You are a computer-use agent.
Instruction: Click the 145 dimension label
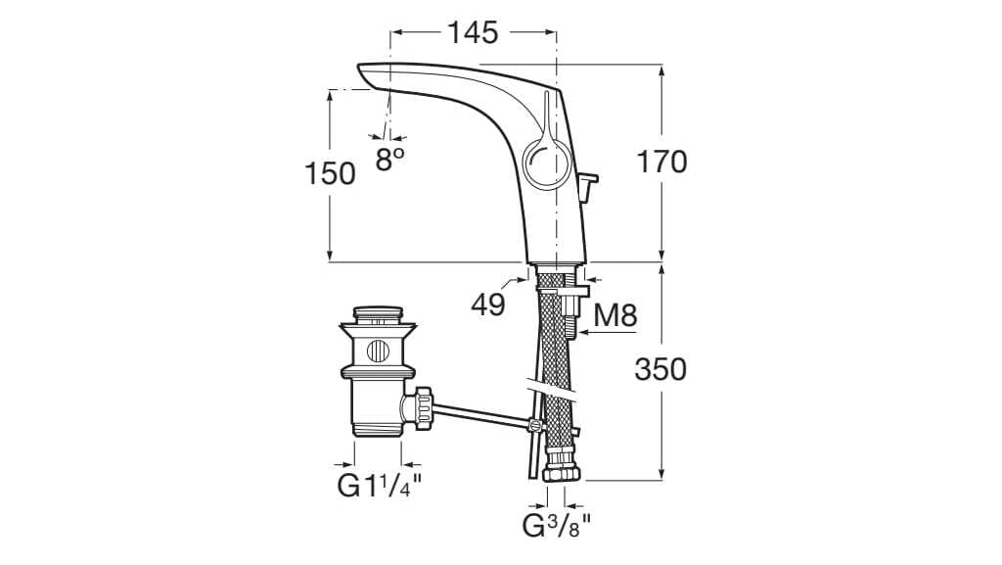474,32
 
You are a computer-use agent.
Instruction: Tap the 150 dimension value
330,173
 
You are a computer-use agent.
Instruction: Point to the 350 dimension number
660,369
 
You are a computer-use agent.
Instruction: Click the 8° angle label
389,160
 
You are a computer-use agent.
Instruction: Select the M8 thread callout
616,315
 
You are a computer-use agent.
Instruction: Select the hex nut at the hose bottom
561,471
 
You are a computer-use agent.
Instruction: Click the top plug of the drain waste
377,315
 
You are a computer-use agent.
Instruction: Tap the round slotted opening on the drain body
377,350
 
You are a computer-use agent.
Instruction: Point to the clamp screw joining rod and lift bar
534,425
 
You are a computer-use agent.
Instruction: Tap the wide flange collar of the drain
377,370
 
